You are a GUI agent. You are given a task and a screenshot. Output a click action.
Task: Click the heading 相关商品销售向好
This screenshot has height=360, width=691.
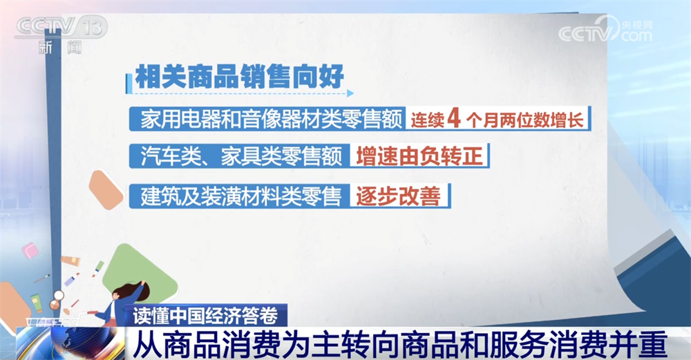(239, 76)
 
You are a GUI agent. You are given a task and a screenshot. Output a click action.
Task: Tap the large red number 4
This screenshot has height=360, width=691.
(454, 118)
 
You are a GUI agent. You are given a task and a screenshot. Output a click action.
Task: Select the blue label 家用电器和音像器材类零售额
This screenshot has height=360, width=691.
(271, 120)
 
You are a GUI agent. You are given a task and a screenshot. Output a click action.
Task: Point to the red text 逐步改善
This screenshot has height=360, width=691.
(397, 196)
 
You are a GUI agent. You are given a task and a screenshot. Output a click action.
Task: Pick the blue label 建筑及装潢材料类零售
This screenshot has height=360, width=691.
(241, 196)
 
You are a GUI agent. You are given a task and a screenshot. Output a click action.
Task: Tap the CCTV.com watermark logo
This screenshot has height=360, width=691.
(605, 30)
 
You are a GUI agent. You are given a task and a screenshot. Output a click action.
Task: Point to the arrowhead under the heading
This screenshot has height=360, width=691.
(350, 93)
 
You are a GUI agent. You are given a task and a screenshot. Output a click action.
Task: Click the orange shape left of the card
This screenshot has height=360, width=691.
(105, 190)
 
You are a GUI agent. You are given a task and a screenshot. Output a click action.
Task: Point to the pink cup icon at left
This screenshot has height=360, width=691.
(30, 250)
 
